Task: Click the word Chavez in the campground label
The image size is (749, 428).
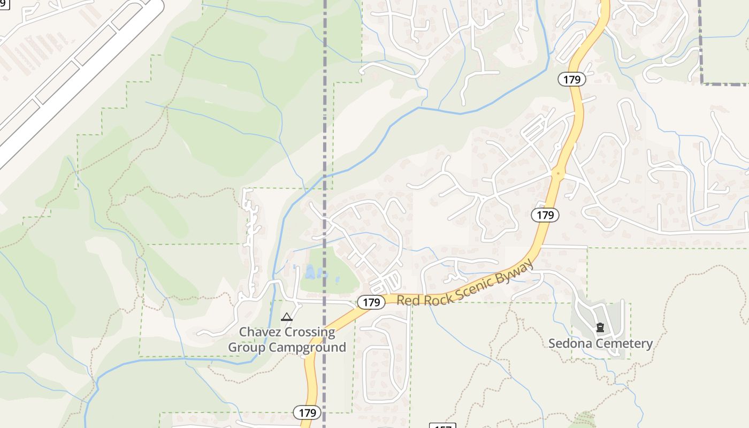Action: tap(259, 332)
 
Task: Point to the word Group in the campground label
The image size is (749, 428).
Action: tap(247, 347)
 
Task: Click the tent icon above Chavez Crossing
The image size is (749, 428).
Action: tap(287, 317)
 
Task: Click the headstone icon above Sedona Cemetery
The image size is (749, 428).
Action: tap(600, 327)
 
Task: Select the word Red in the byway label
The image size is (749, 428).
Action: tap(408, 301)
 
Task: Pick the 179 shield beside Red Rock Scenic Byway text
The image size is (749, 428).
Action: tap(370, 302)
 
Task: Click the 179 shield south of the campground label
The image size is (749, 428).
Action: tap(307, 412)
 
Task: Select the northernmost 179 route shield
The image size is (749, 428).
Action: tap(572, 80)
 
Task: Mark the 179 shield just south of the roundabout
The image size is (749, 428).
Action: tap(545, 215)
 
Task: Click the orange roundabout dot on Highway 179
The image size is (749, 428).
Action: tap(559, 173)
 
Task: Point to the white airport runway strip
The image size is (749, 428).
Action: tap(80, 80)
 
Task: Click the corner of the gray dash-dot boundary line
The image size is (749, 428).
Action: tap(701, 83)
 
